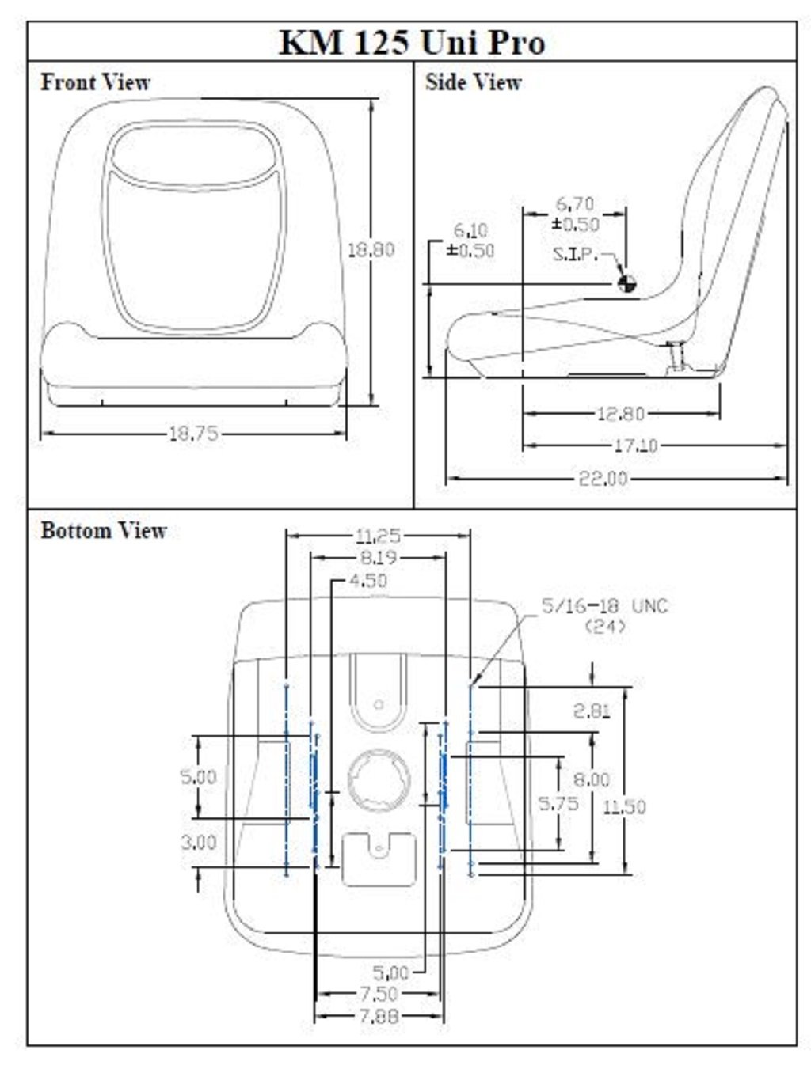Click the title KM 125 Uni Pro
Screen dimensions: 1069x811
[x=412, y=42]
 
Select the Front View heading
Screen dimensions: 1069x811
[x=95, y=82]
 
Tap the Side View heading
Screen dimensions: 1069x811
[x=473, y=82]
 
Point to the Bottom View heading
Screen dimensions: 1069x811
[x=103, y=530]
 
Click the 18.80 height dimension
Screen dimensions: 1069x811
[x=371, y=249]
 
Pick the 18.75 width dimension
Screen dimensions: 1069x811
[x=193, y=434]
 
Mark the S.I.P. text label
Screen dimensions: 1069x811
[x=576, y=254]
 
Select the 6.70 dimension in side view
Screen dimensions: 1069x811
[x=575, y=204]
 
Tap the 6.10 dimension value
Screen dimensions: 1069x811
[x=470, y=230]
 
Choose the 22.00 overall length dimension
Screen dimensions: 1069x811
[x=603, y=478]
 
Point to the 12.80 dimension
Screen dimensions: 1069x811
[x=620, y=413]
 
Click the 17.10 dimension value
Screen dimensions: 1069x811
[x=636, y=445]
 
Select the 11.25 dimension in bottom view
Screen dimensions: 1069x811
[x=378, y=536]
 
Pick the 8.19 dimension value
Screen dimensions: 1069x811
[x=378, y=558]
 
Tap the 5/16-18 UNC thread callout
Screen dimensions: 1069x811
[x=604, y=606]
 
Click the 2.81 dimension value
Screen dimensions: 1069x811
[x=592, y=711]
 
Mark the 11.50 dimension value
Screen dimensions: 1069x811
[x=624, y=806]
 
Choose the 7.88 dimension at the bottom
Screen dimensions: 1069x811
[x=379, y=1016]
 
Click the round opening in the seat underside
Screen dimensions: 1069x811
[x=379, y=782]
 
